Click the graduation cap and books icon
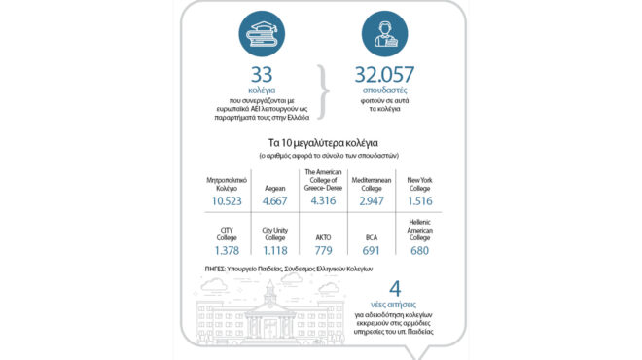coord(263,37)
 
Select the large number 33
coord(262,76)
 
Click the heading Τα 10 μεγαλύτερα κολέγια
coord(321,143)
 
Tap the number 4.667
coord(274,200)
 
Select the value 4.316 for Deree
coord(321,200)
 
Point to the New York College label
coord(419,181)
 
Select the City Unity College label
coord(274,234)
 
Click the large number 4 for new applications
coord(395,291)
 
